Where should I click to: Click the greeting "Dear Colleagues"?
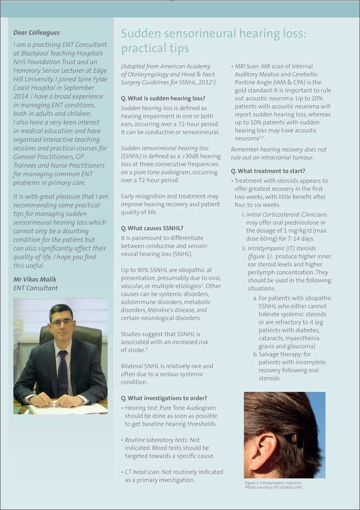click(37, 32)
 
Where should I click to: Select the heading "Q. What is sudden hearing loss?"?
click(163, 98)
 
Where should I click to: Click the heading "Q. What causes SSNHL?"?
click(152, 228)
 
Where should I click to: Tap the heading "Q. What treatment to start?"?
click(268, 171)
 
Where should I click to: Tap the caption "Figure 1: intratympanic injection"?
click(273, 483)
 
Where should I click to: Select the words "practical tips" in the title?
click(155, 49)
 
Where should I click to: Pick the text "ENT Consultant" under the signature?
click(36, 288)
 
